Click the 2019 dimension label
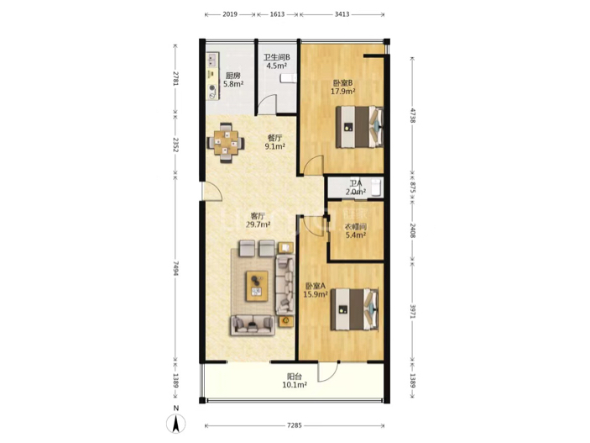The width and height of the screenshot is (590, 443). (230, 14)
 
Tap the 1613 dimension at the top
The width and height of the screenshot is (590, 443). (277, 14)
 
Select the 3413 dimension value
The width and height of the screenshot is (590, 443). (342, 14)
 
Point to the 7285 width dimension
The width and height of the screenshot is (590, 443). (295, 425)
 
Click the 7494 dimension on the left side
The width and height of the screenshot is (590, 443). (175, 267)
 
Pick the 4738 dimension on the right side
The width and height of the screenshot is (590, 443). (413, 116)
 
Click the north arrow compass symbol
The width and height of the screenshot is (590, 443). (175, 423)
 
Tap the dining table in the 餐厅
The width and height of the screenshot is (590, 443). (226, 143)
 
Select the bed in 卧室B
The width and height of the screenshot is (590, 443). (359, 127)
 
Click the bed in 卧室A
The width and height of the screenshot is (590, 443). (354, 309)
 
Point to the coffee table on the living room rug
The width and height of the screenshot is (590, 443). (257, 286)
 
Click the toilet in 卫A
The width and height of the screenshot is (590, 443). (376, 187)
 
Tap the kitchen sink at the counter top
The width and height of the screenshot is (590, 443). (212, 59)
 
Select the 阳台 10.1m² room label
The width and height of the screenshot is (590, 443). (295, 381)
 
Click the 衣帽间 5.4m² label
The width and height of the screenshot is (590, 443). (356, 231)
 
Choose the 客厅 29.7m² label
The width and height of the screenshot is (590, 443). (258, 220)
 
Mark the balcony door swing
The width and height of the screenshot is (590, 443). (328, 373)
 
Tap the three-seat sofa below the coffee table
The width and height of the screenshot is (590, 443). (252, 325)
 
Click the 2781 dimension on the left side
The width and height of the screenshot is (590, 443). (175, 78)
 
